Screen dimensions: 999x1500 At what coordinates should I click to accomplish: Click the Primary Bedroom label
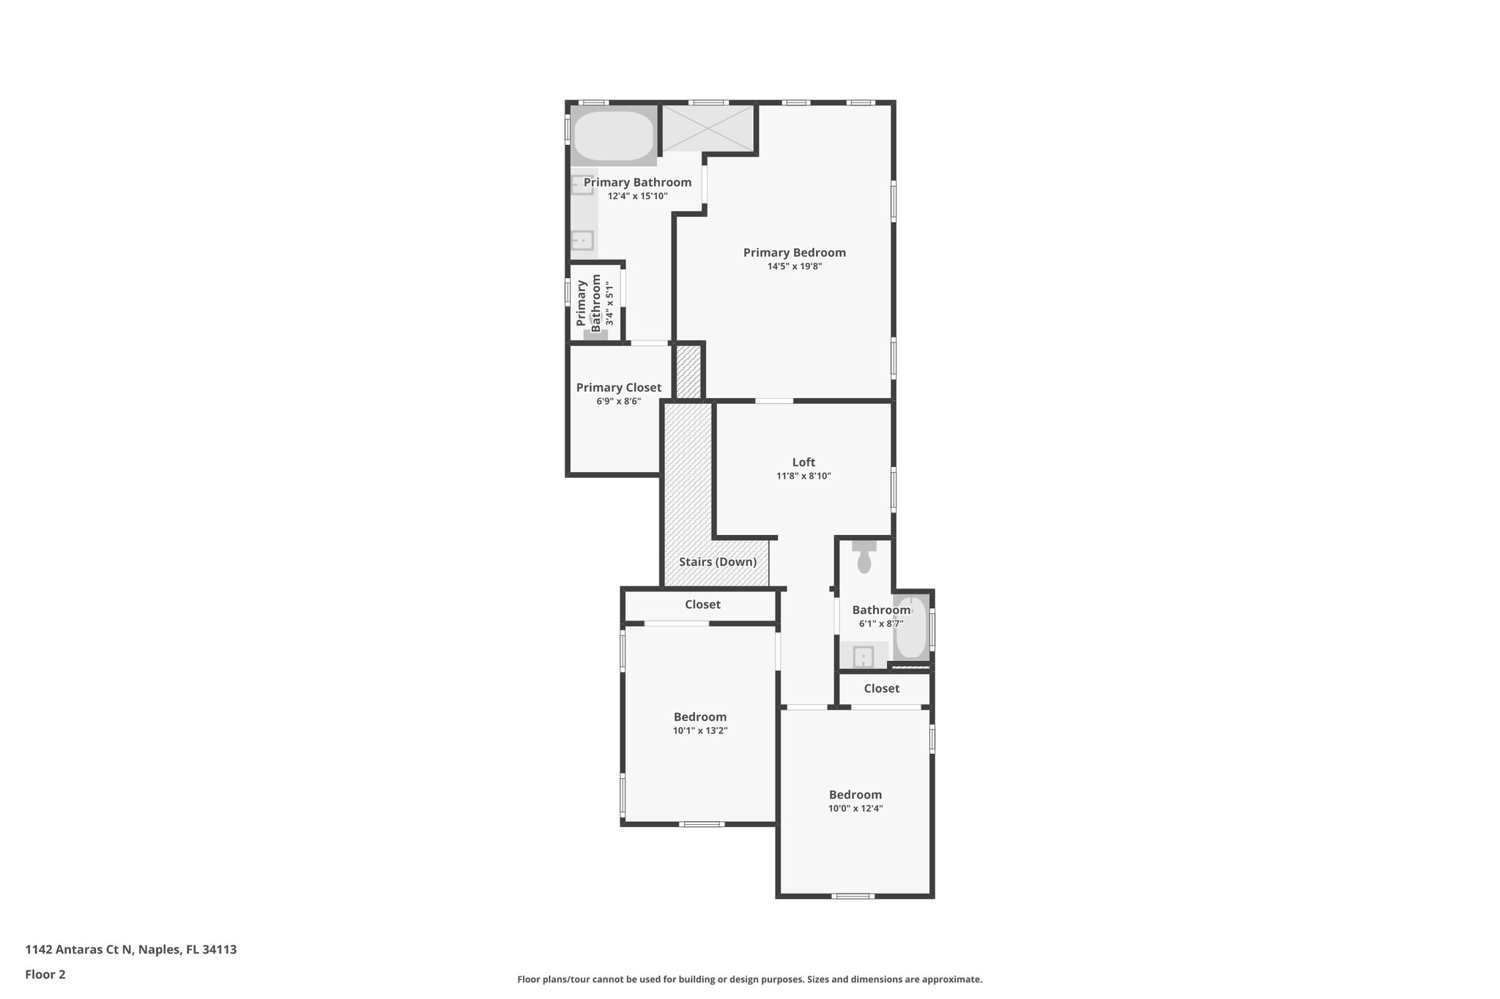(x=794, y=252)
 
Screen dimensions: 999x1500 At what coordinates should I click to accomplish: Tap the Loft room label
(x=803, y=462)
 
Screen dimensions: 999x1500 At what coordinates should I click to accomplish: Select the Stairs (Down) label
(x=717, y=562)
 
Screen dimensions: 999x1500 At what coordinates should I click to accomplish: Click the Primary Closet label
(x=618, y=388)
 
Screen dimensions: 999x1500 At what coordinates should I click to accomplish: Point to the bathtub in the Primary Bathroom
(x=613, y=135)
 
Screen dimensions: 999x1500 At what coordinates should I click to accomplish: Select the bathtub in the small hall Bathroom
(x=911, y=627)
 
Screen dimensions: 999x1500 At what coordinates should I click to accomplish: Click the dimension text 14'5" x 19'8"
(x=794, y=267)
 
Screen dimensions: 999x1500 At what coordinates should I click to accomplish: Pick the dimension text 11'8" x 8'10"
(x=803, y=476)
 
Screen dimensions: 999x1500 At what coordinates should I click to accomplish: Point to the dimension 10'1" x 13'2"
(x=699, y=730)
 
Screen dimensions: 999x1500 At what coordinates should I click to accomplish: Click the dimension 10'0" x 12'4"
(x=855, y=809)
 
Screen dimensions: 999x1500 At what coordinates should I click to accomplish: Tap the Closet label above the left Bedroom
(x=702, y=605)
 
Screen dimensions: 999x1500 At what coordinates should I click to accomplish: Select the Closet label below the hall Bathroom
(x=881, y=689)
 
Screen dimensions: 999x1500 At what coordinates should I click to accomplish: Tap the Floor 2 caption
(x=45, y=974)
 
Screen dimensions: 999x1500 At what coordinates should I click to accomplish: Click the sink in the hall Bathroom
(x=864, y=656)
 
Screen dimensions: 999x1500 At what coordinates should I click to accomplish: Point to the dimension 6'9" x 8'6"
(x=618, y=402)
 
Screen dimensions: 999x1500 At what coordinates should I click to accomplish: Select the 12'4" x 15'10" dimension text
(x=637, y=196)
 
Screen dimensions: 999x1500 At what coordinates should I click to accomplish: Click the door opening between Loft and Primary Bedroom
(x=773, y=400)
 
